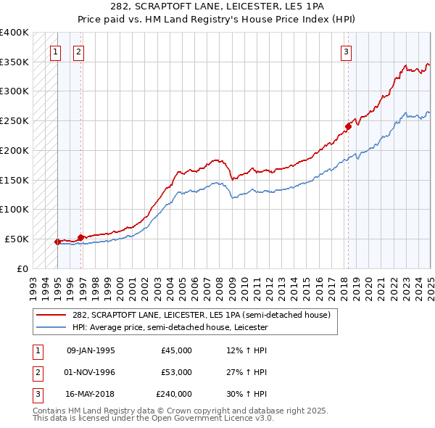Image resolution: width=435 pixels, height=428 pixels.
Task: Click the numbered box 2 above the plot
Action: (78, 52)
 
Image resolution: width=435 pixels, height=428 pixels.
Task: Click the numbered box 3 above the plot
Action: (347, 52)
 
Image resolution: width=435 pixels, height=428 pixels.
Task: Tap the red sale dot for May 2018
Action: (349, 126)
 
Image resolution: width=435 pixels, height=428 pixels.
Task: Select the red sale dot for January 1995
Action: (57, 242)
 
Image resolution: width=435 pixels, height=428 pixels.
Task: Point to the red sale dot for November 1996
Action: (80, 236)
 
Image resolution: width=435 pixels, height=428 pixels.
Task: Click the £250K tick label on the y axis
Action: (14, 121)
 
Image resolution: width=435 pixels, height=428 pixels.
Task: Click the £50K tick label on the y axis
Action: (17, 239)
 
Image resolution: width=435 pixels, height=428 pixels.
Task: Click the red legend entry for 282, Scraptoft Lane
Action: (202, 315)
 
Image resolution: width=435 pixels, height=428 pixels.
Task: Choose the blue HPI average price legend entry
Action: (170, 328)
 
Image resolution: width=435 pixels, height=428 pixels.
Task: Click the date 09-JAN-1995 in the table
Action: (91, 350)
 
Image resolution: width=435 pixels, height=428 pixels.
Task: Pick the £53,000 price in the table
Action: (177, 372)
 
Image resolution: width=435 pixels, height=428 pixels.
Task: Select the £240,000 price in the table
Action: (174, 394)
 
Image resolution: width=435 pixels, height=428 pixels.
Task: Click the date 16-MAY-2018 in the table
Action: (91, 394)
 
